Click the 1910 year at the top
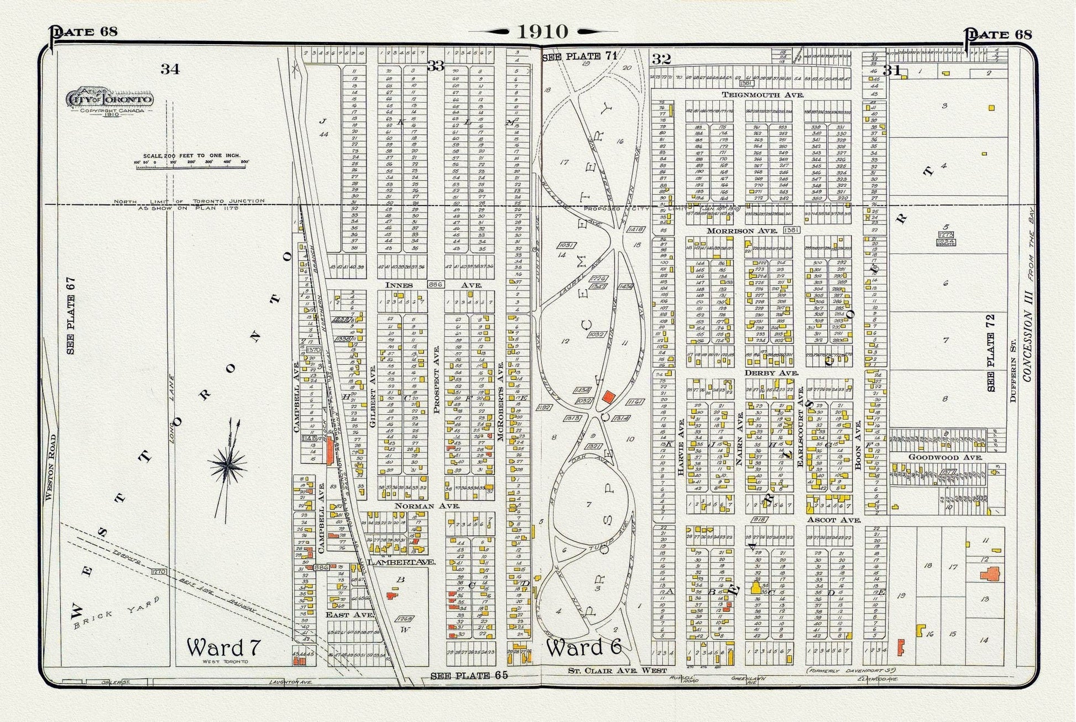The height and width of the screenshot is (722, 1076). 542,32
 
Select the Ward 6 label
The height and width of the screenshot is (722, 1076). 584,647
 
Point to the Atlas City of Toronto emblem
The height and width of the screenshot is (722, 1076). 109,100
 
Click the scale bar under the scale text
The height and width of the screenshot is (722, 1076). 191,163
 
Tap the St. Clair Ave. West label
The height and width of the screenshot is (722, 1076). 610,671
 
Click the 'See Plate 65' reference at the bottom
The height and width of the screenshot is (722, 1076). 468,675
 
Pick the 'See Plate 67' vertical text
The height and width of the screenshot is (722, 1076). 71,316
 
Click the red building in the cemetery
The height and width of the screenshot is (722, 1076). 609,396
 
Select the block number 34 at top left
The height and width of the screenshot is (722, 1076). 170,69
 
